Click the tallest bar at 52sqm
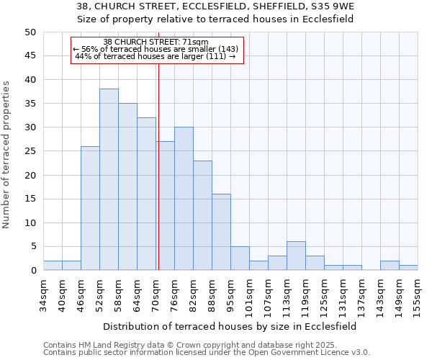tap(109, 179)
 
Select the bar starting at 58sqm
tap(127, 186)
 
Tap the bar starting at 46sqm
tap(90, 208)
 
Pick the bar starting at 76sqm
tap(184, 199)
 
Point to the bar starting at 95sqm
tap(240, 258)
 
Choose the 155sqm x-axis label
tap(418, 294)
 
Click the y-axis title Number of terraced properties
tap(6, 155)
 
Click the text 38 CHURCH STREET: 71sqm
tap(156, 42)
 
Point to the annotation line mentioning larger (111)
tap(156, 56)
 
